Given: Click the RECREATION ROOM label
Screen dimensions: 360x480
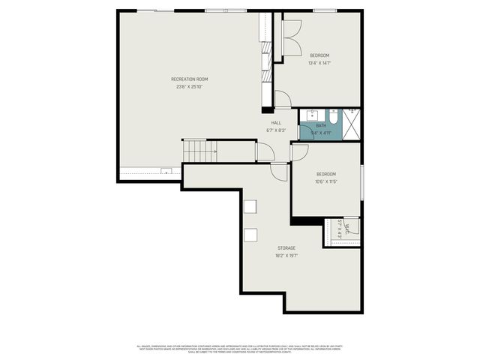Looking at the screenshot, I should [x=189, y=79].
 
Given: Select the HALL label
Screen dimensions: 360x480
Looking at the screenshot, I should [x=276, y=122].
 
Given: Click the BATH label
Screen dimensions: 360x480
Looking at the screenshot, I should [x=321, y=125].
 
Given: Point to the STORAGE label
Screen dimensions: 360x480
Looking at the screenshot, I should [x=286, y=247].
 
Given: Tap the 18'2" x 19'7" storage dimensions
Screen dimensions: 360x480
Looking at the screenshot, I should [x=286, y=255].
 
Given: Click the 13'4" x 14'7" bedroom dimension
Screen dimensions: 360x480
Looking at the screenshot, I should [x=319, y=62].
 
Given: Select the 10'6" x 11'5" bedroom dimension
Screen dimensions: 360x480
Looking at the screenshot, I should [x=325, y=181].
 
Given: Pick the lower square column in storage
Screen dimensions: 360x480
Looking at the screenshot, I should [x=250, y=235].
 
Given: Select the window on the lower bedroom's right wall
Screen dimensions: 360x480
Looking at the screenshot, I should [x=362, y=182].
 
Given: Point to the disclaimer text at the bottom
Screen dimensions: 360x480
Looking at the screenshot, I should [x=239, y=349].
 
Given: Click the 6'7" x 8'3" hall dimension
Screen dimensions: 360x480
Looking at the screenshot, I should [x=276, y=130].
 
